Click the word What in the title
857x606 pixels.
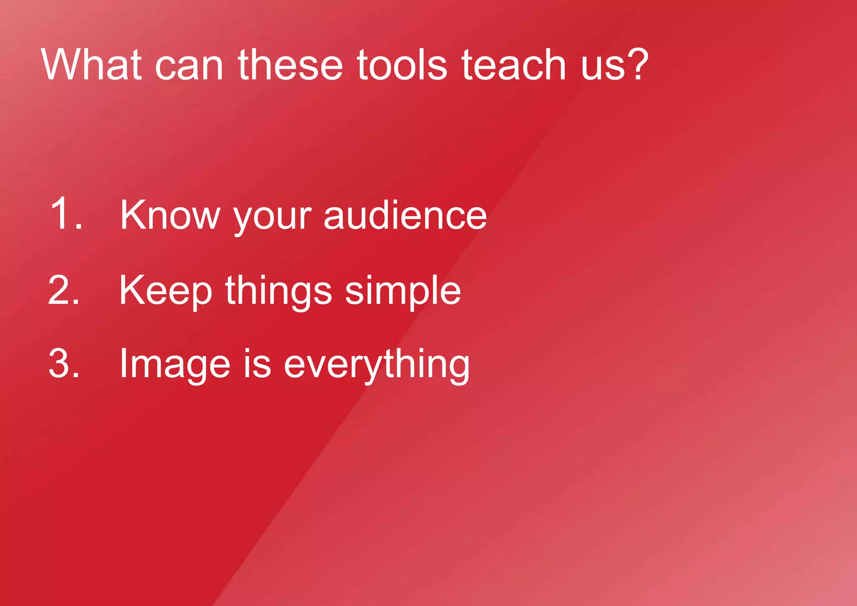91,65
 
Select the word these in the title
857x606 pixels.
290,65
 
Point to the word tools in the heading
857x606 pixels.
402,65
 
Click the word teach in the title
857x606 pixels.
514,65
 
